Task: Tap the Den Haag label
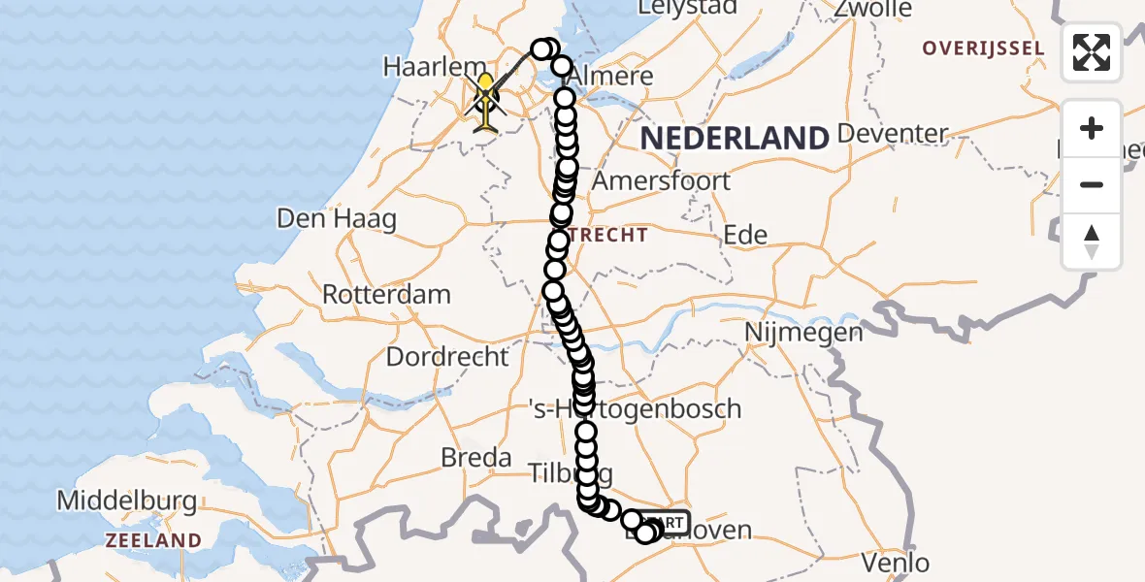click(337, 218)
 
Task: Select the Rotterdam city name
click(386, 294)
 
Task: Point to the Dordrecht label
click(447, 356)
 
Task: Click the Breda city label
click(475, 457)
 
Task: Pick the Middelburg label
click(127, 501)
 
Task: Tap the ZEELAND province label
click(153, 540)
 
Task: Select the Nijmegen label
click(803, 333)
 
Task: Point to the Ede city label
click(746, 235)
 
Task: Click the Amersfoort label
click(661, 180)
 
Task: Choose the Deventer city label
click(894, 133)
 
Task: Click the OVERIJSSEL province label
click(983, 48)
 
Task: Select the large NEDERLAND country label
click(735, 138)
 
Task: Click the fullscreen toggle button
click(1092, 52)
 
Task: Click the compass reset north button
click(1092, 242)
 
